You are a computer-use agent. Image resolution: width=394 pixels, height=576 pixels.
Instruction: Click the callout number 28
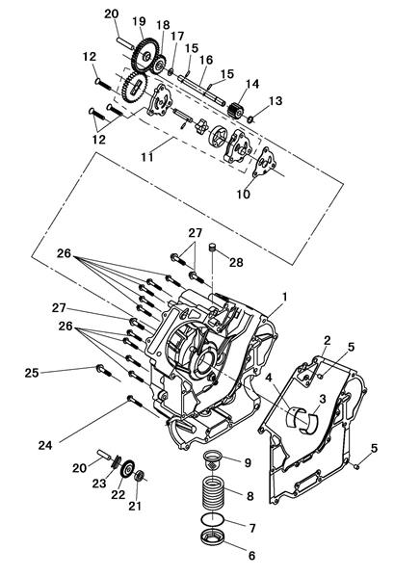(236, 262)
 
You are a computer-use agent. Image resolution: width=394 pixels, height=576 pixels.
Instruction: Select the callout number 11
(147, 157)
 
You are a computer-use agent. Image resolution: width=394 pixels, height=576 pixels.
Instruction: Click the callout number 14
(252, 84)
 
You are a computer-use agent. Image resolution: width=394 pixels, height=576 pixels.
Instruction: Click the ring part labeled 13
(250, 119)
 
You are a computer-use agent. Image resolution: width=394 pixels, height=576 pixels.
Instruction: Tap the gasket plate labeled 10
(265, 164)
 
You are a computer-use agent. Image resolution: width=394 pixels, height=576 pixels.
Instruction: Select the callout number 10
(244, 194)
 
